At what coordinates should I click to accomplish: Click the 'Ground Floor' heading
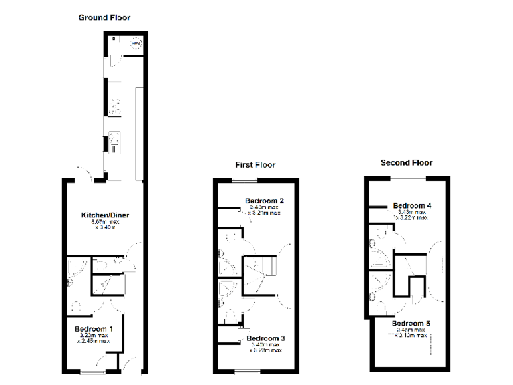pyautogui.click(x=104, y=17)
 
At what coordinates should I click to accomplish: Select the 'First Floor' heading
pyautogui.click(x=254, y=164)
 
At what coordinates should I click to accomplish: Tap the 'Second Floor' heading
pyautogui.click(x=406, y=162)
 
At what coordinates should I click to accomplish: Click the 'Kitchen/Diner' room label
pyautogui.click(x=105, y=215)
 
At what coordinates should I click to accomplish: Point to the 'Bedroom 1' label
pyautogui.click(x=94, y=328)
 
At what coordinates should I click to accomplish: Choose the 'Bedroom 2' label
pyautogui.click(x=265, y=201)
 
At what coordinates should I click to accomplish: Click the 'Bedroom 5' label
pyautogui.click(x=411, y=323)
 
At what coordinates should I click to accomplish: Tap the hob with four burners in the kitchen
pyautogui.click(x=114, y=105)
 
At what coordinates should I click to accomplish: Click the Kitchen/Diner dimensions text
pyautogui.click(x=105, y=224)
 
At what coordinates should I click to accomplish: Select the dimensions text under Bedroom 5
pyautogui.click(x=410, y=333)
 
